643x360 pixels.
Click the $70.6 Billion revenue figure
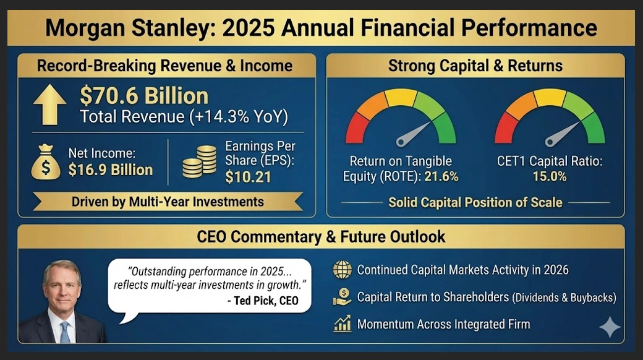click(144, 96)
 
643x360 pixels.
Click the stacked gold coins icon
click(200, 162)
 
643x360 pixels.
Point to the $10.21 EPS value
click(247, 178)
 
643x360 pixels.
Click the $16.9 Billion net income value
click(111, 170)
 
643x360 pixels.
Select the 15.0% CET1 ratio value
click(550, 176)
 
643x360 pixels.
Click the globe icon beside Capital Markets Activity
click(342, 270)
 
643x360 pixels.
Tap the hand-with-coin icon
click(342, 297)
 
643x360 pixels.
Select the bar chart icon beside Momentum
click(342, 324)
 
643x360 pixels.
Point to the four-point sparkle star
click(609, 327)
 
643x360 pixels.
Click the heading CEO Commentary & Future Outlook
click(321, 236)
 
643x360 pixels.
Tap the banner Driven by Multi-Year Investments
click(167, 202)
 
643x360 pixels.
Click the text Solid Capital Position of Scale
click(475, 202)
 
